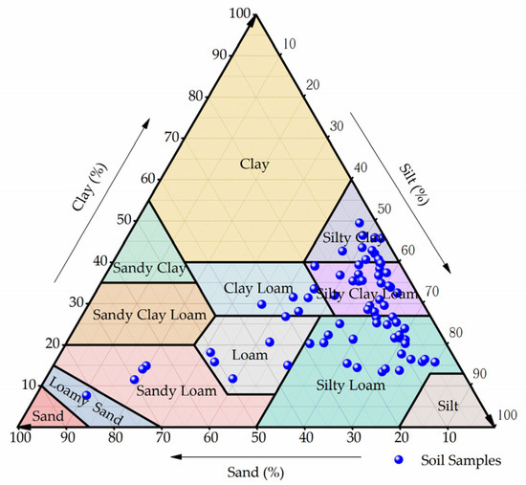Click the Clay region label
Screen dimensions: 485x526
255,165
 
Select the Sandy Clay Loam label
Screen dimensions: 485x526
139,314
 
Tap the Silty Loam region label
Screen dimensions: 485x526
349,385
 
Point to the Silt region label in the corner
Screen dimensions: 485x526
448,407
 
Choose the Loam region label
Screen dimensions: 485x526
250,355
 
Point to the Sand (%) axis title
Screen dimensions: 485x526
256,470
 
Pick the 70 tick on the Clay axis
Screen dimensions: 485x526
174,137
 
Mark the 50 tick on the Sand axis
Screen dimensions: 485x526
258,437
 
